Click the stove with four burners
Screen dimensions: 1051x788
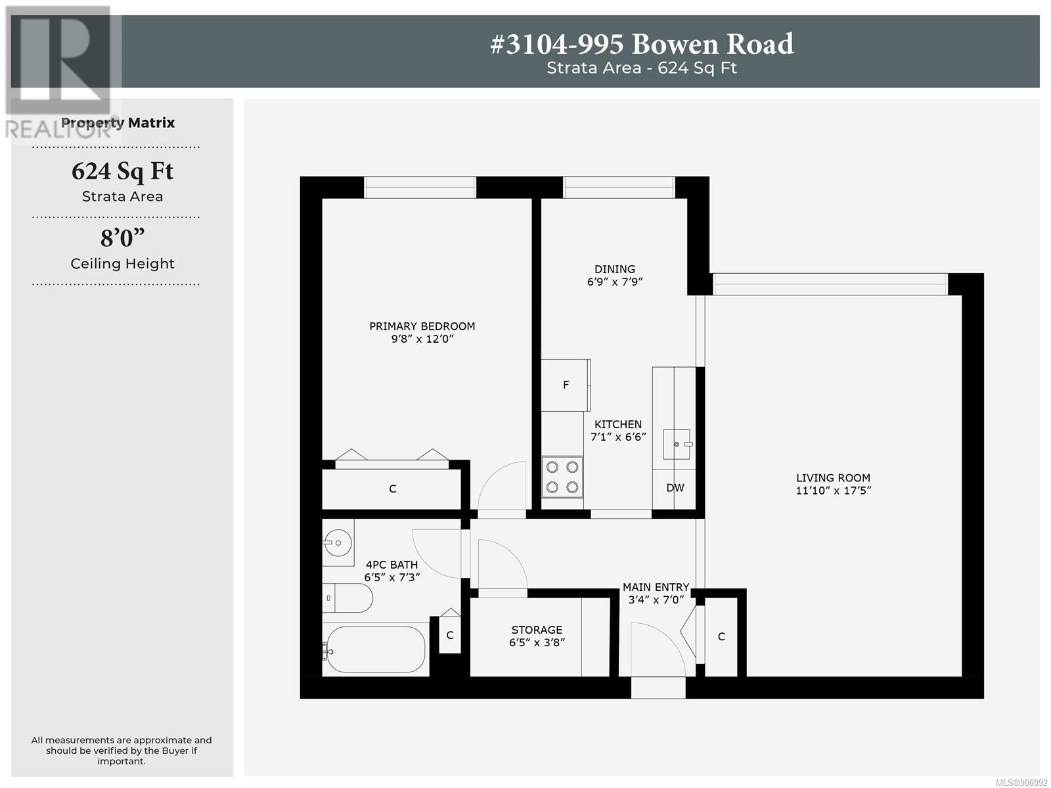562,477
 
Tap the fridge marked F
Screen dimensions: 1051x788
566,385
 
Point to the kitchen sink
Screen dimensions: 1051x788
677,444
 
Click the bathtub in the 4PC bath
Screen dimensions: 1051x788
375,649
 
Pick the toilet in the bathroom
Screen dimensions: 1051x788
347,598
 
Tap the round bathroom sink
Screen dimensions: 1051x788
338,543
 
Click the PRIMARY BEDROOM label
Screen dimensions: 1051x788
422,326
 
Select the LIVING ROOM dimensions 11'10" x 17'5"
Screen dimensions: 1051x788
833,491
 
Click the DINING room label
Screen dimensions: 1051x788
615,269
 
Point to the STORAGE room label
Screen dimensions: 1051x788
537,630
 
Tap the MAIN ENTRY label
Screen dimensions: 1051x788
656,587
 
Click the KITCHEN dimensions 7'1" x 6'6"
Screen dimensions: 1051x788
618,437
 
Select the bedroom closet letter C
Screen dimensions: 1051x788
393,489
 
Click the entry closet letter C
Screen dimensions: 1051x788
721,637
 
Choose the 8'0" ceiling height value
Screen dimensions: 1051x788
123,238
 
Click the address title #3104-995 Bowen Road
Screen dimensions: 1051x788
642,44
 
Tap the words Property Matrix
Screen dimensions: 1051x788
118,123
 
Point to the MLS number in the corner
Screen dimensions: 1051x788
1021,783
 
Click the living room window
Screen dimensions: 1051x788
830,284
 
